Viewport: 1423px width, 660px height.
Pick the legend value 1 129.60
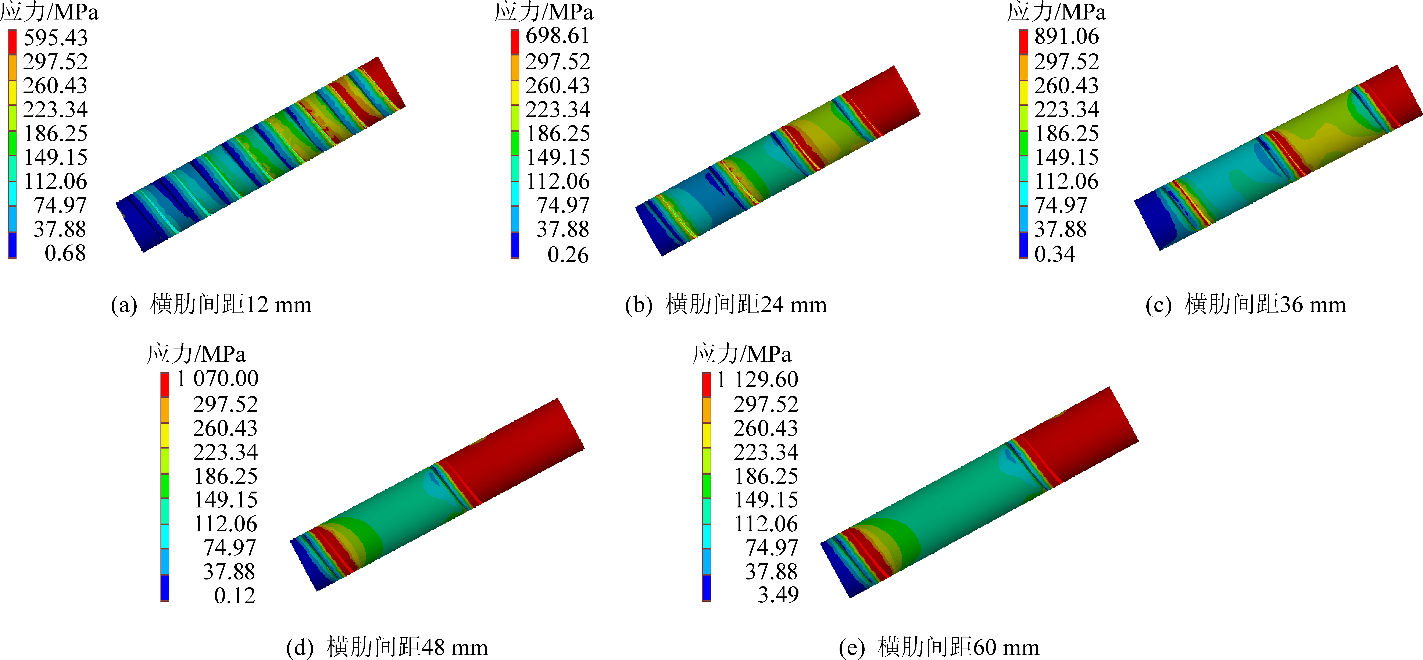[x=757, y=379]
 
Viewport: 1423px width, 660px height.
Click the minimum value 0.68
[x=65, y=253]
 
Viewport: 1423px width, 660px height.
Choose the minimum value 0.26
[x=568, y=255]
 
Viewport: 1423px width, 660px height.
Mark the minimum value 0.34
[x=1055, y=253]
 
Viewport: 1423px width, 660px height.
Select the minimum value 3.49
[x=778, y=594]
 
